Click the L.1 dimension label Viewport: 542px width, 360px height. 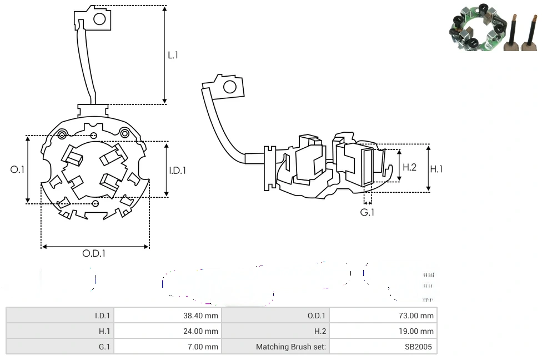click(173, 55)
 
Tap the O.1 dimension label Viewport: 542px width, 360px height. click(18, 169)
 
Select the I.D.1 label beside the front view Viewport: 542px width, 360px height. click(177, 170)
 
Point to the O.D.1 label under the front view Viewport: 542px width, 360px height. click(94, 253)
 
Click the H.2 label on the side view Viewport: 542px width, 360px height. click(410, 167)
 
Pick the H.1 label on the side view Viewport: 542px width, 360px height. click(437, 168)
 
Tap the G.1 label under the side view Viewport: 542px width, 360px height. click(367, 212)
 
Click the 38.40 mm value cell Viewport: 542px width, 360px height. click(202, 316)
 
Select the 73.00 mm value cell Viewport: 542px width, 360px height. click(418, 316)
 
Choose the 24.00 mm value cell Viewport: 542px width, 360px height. click(202, 331)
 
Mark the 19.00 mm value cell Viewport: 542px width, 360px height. click(418, 331)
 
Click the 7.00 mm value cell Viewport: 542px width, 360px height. click(204, 347)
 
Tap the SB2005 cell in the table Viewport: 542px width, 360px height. click(420, 347)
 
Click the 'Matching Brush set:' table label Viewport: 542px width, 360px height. click(292, 347)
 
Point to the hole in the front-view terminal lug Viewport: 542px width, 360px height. click(100, 19)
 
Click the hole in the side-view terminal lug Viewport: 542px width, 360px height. click(229, 87)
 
